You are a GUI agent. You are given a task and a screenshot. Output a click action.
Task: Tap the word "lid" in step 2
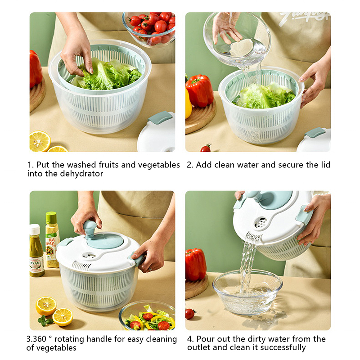325,165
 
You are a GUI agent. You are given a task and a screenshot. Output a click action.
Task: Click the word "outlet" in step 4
199,347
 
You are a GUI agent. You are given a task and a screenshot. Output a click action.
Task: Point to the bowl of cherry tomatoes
149,29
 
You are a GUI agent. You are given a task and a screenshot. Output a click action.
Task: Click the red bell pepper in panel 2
200,91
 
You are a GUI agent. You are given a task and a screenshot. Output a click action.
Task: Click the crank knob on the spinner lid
89,229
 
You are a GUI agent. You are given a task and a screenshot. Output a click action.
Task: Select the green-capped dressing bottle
52,239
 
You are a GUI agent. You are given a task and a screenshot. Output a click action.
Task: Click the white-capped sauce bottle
36,250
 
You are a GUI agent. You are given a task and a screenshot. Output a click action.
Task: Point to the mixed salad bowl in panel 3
147,316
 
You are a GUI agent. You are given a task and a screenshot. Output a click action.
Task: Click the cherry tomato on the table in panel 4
190,314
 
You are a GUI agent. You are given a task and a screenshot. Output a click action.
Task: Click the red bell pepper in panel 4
196,265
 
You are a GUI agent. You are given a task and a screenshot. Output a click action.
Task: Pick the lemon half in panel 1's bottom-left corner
40,141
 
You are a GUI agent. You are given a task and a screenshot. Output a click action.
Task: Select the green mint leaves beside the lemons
45,320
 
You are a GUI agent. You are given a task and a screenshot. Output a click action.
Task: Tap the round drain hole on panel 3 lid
89,256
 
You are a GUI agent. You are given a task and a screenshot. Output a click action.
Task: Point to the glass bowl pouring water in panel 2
237,39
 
